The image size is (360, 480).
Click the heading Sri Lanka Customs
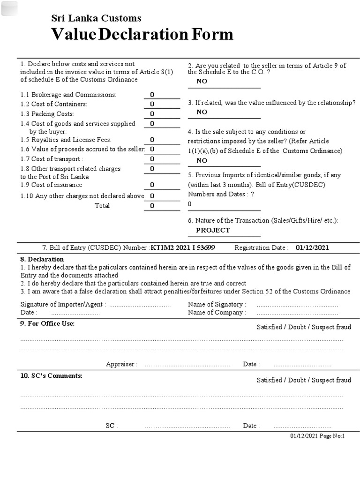pos(96,18)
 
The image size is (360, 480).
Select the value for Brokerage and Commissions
pos(152,95)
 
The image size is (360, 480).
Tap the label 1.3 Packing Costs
pos(47,114)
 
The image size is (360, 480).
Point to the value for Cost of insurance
pos(152,185)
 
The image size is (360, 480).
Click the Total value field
pos(152,206)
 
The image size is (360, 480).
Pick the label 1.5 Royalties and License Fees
pos(66,140)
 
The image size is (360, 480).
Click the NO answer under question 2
pos(202,81)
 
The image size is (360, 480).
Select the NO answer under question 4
pos(202,160)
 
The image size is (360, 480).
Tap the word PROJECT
pos(213,230)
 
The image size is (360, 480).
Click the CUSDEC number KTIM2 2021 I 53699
pos(183,247)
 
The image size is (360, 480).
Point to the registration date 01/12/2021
pos(315,247)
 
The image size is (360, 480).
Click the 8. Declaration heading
pos(42,259)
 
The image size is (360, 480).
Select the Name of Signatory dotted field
pos(297,305)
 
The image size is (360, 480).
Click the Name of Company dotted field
pos(297,313)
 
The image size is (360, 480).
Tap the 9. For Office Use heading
pos(47,323)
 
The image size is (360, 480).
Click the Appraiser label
pos(121,364)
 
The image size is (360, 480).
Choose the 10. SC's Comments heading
pos(51,375)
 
